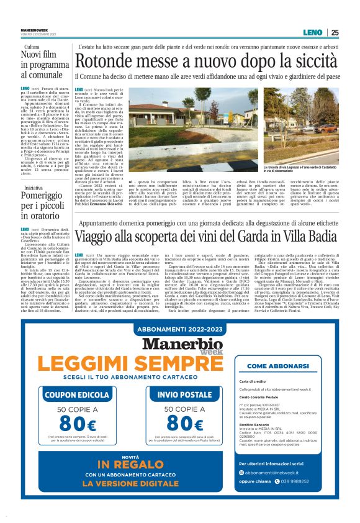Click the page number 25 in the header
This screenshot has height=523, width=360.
(x=335, y=32)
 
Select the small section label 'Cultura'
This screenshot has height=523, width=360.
(x=32, y=47)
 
